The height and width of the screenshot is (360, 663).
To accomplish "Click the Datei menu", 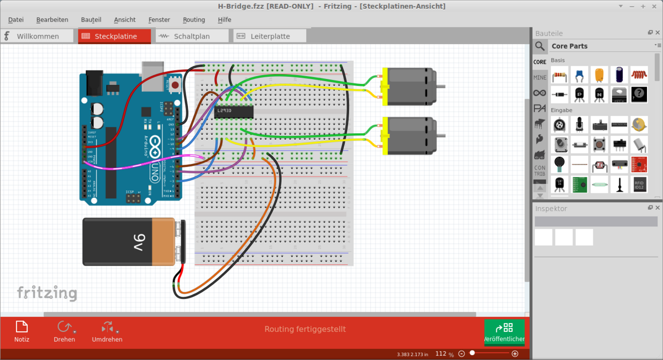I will [15, 19].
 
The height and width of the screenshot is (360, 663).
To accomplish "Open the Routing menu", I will [194, 19].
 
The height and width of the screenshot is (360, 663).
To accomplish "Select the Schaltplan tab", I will [191, 36].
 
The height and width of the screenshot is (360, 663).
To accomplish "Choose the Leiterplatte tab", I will [270, 36].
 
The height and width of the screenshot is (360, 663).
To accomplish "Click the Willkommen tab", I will [38, 36].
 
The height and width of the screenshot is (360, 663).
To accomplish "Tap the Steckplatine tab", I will [115, 36].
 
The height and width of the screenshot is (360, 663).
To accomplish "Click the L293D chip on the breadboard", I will [234, 112].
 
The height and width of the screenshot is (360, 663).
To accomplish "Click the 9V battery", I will [133, 242].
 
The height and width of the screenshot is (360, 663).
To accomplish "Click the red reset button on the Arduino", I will [175, 85].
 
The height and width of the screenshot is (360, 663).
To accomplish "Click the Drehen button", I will [64, 331].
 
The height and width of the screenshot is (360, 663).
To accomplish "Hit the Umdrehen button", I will [107, 331].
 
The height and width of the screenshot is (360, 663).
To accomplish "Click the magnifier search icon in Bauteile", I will [540, 46].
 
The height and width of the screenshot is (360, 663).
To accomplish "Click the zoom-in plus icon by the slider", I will [515, 353].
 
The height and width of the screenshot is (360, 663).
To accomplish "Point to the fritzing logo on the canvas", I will [46, 293].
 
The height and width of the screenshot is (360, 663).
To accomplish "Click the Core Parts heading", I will [570, 46].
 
